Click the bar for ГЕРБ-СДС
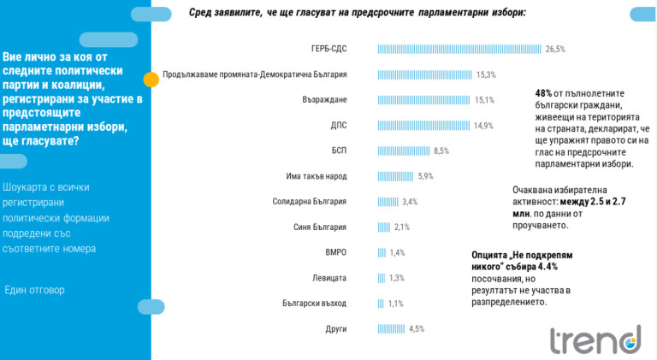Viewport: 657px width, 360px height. pos(459,49)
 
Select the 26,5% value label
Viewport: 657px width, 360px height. pos(556,49)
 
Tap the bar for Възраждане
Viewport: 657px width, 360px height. pos(424,100)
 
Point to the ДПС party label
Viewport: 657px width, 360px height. pos(338,126)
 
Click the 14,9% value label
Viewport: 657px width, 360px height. pos(483,126)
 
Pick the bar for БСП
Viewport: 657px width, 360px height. pos(405,150)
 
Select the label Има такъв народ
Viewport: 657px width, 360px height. pos(316,176)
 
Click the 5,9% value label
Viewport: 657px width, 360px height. pos(425,176)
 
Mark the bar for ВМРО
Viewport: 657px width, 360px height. pos(382,252)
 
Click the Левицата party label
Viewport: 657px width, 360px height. pos(329,278)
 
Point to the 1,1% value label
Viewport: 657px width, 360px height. pos(395,304)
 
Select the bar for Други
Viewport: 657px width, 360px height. pos(392,328)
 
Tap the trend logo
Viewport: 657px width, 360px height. pos(595,339)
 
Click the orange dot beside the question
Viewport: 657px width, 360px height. pos(151,80)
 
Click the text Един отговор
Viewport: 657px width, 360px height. pos(34,290)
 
